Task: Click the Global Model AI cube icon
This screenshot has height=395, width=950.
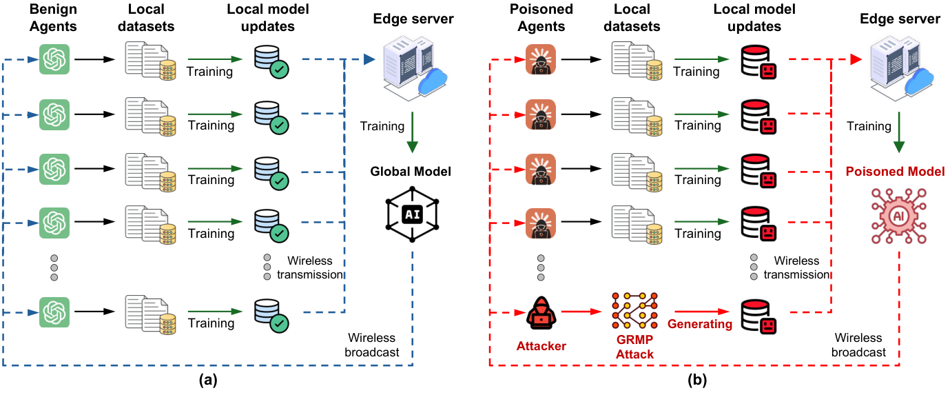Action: click(412, 214)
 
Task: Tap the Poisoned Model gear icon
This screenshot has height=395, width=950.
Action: click(898, 216)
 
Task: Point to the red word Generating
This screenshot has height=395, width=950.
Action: click(699, 323)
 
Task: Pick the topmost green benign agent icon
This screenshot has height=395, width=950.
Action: click(55, 59)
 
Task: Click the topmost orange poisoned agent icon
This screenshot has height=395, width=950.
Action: click(541, 59)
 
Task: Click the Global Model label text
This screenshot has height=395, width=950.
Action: click(412, 171)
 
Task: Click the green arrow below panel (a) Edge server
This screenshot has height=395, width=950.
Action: click(412, 139)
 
